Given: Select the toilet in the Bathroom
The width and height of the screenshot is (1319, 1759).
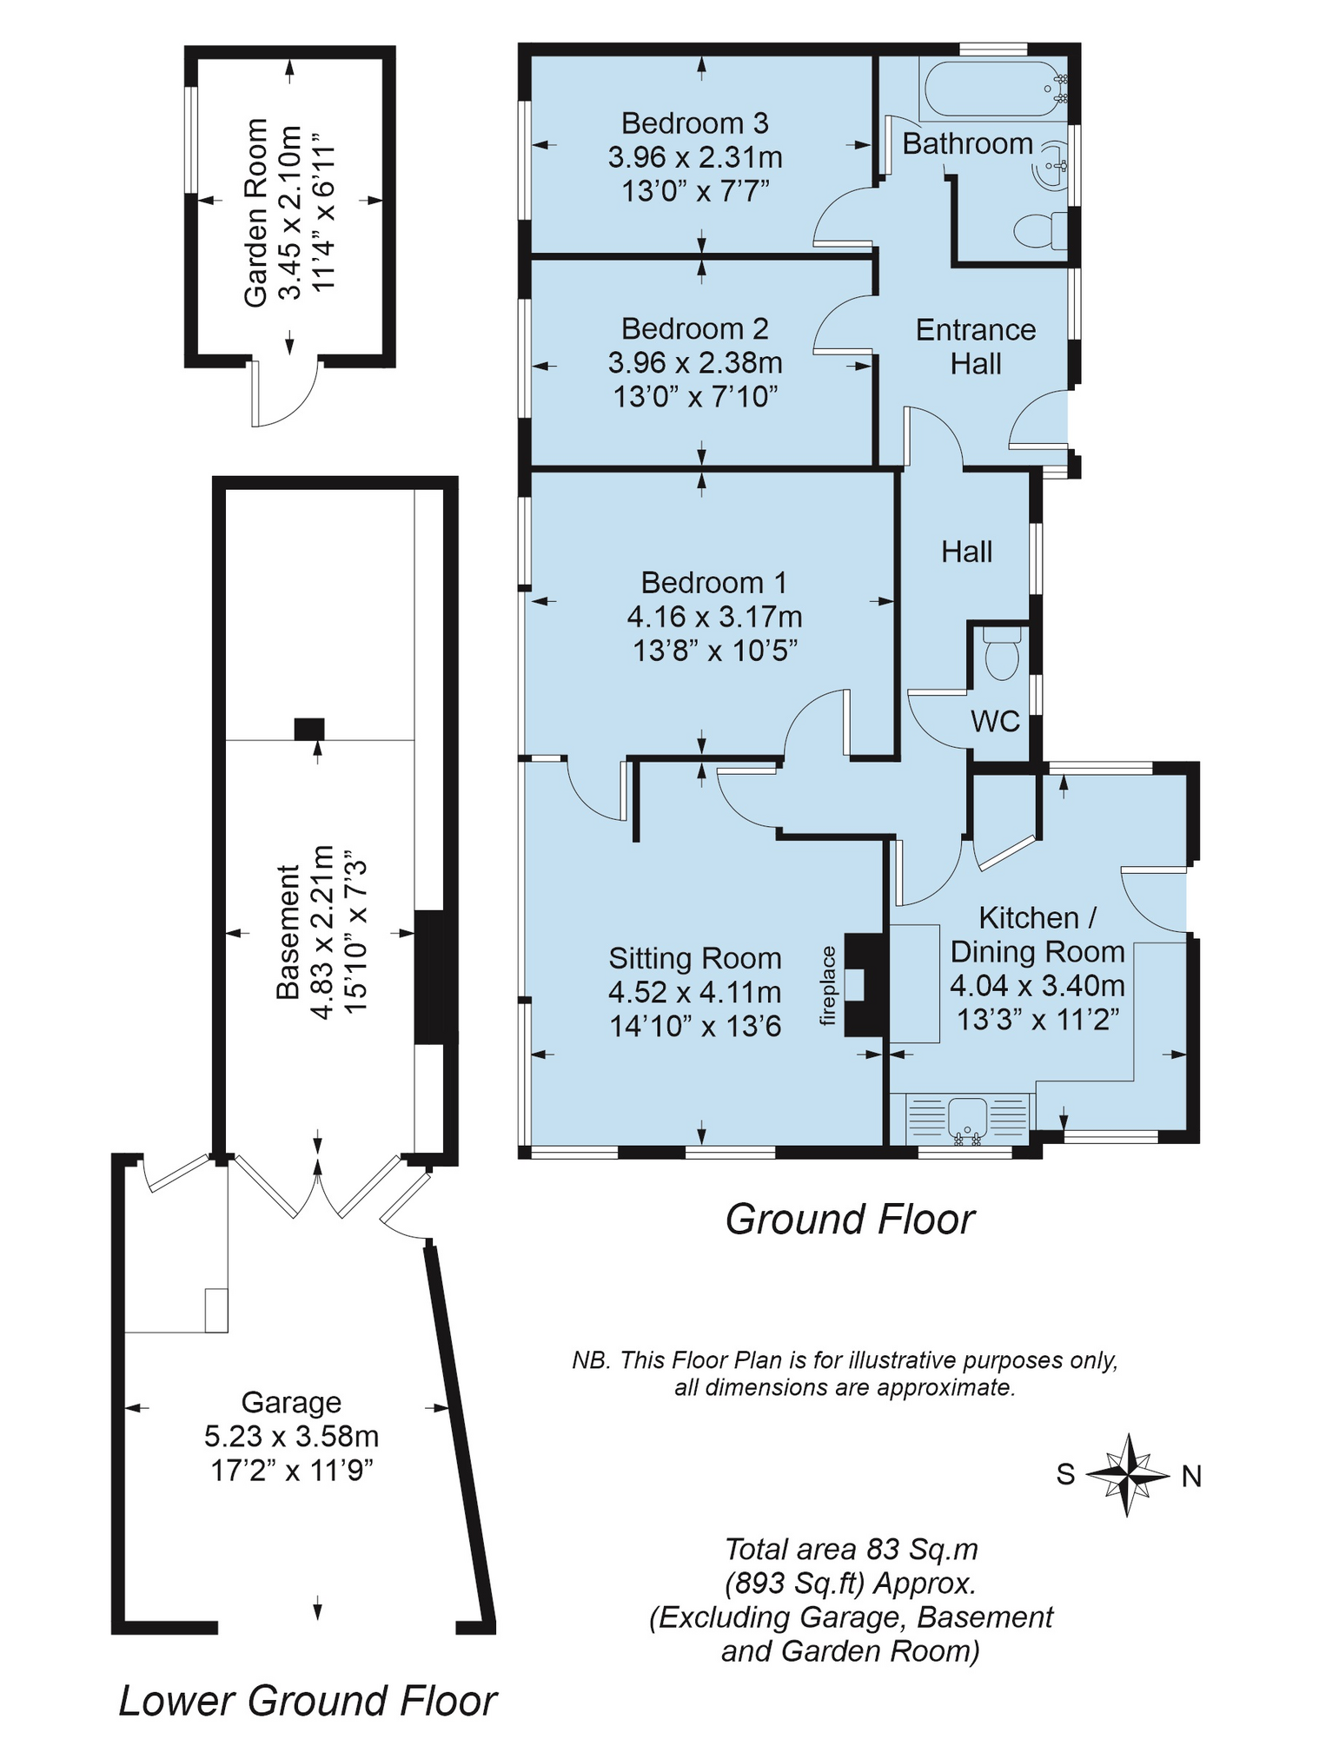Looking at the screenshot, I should tap(1039, 230).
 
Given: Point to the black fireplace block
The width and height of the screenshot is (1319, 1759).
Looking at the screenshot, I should tap(862, 985).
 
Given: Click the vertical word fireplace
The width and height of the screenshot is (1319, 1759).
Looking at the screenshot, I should tap(827, 986).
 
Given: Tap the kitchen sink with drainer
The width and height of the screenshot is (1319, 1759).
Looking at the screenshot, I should tap(966, 1119).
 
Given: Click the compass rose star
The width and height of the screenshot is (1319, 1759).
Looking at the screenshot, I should tap(1127, 1475).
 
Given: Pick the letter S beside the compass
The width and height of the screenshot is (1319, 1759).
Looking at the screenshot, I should tap(1065, 1474).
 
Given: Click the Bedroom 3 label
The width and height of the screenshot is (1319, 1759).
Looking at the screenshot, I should tap(694, 124).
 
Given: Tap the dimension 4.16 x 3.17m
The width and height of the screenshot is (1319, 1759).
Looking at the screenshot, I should tap(714, 617).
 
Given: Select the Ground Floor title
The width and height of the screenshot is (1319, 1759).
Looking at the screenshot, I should tap(850, 1220).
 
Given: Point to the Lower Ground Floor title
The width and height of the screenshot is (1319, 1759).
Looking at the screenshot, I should tap(308, 1701).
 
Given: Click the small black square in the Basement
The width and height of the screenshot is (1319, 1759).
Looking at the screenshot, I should tap(308, 728).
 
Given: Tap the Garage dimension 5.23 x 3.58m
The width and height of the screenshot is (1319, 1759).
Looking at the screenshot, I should tap(291, 1436).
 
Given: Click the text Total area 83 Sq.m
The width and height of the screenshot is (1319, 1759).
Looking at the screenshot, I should tap(851, 1549).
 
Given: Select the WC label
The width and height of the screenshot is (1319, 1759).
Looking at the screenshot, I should tap(995, 721).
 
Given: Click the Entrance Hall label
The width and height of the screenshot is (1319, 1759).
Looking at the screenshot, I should tap(975, 347).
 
